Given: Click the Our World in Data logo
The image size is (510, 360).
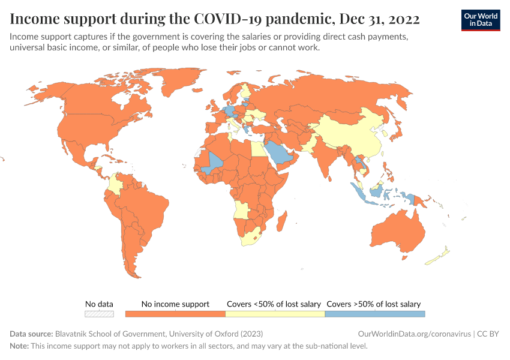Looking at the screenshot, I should tap(480, 20).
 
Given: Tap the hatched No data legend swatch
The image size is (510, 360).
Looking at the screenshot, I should tap(99, 313).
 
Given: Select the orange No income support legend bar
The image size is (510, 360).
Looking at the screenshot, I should tap(175, 313).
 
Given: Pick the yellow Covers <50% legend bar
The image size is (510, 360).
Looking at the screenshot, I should tap(275, 313).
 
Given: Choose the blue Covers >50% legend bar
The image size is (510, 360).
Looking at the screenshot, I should tap(374, 313).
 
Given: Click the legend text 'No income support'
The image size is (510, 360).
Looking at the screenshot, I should tap(175, 304).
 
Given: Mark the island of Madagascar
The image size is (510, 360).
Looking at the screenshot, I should tap(280, 223).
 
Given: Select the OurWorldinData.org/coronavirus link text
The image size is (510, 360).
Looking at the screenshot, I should tap(413, 334).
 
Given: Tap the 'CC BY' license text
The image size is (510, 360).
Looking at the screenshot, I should tap(488, 334).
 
